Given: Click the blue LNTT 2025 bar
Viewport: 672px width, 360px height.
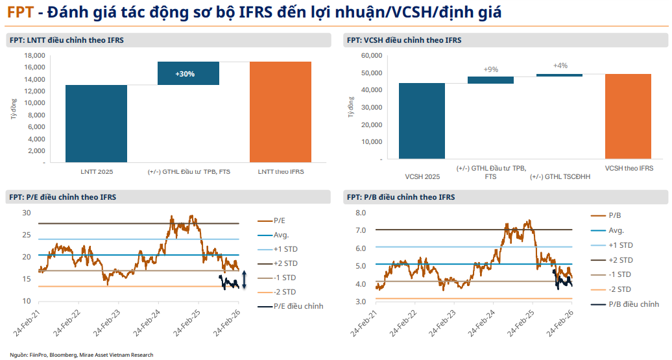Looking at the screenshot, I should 96,123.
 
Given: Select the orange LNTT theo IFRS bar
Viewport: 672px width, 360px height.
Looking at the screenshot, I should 280,112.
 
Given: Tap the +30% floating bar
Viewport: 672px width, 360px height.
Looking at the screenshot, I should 188,73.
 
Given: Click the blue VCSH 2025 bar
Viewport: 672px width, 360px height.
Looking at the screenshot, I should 422,121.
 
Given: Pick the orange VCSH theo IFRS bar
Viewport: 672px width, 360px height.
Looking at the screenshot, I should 628,116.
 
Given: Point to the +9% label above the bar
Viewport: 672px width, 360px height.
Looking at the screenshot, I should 490,69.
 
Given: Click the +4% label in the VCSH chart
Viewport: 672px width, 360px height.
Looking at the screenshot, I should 560,66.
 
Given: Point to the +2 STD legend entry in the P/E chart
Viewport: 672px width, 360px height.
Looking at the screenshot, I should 286,263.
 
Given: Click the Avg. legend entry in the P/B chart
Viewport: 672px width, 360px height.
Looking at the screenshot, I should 617,230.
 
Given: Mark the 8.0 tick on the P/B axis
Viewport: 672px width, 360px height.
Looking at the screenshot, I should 361,213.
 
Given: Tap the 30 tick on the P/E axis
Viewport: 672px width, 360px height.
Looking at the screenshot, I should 27,213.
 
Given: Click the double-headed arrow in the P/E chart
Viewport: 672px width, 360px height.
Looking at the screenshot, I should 244,283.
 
